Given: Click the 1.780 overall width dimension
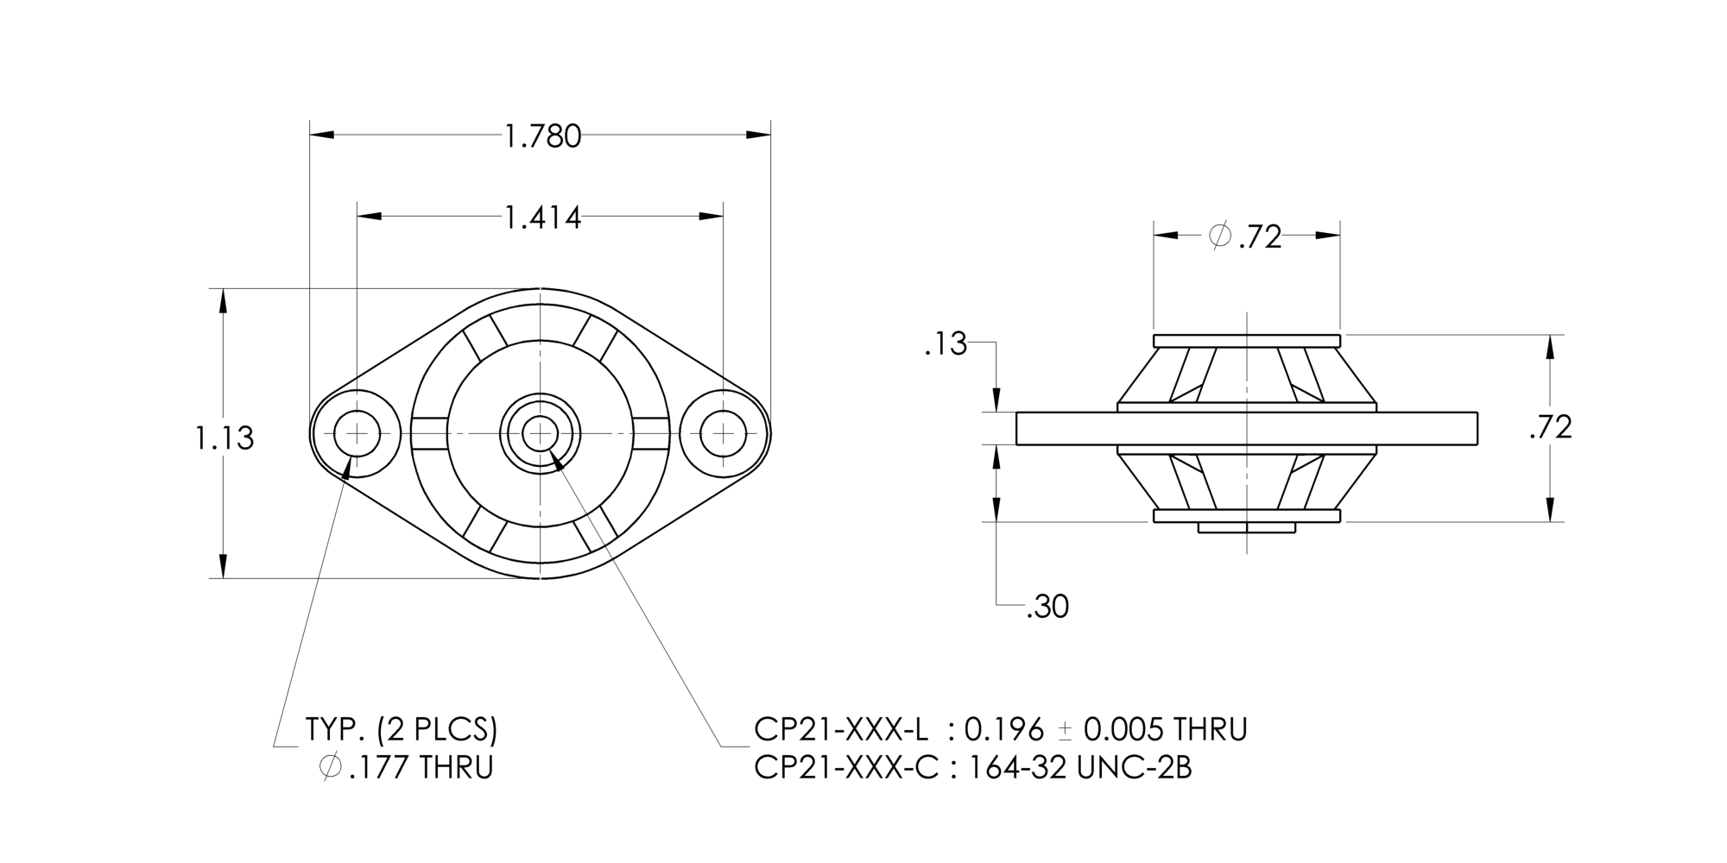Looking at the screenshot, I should [542, 136].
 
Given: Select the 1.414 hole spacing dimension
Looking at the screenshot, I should [542, 218].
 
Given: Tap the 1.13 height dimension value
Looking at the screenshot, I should [224, 438].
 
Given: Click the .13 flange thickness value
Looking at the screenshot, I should [945, 345].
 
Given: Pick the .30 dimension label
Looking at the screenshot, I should [1047, 608].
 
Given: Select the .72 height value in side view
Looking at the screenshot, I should [1550, 428].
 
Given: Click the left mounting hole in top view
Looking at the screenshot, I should [357, 433].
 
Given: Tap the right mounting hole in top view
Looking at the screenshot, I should [723, 433].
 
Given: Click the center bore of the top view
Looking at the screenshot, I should [541, 433].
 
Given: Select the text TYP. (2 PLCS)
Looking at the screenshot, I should [402, 730].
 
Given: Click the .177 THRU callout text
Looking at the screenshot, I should [421, 767].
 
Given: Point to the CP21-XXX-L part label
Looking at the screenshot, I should [841, 730].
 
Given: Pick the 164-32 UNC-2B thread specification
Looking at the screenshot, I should [1079, 767].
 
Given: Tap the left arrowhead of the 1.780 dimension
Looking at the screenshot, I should [321, 135].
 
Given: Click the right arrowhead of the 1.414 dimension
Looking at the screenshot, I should [712, 216].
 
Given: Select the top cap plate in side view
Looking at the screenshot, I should [1247, 340].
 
